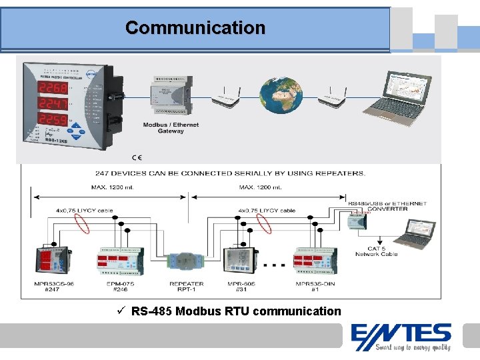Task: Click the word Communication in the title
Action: [x=195, y=28]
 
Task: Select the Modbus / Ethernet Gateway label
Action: [x=171, y=128]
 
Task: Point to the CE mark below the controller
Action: [x=137, y=157]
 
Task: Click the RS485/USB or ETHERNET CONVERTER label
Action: [x=378, y=205]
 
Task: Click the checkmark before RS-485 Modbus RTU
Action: [x=120, y=311]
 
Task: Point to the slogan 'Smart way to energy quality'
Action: [x=413, y=347]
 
